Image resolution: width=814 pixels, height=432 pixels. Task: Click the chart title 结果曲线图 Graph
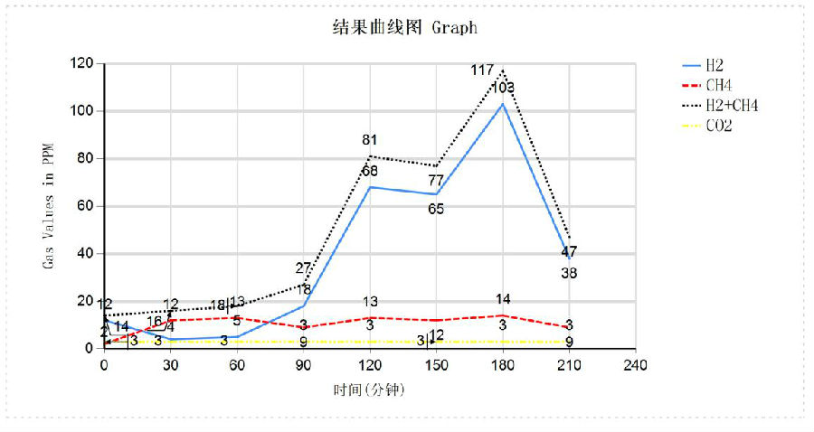tap(404, 27)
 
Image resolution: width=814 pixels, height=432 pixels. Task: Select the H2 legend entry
tap(714, 65)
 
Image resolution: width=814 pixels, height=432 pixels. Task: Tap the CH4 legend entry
tap(718, 86)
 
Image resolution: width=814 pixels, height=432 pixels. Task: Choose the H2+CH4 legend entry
tap(731, 106)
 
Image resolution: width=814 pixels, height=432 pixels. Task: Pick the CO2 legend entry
tap(718, 126)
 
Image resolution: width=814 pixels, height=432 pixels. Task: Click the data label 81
tap(370, 140)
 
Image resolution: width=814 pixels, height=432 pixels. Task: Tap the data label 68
tap(370, 171)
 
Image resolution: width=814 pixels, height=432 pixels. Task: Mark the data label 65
tap(436, 209)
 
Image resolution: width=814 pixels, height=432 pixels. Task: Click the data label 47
tap(568, 251)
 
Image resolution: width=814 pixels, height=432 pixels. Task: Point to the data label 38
tap(568, 273)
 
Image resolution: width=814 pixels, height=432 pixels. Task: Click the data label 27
tap(304, 268)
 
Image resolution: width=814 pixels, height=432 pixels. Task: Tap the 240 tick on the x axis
tap(635, 364)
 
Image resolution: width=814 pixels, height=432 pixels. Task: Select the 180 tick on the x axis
tap(503, 364)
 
